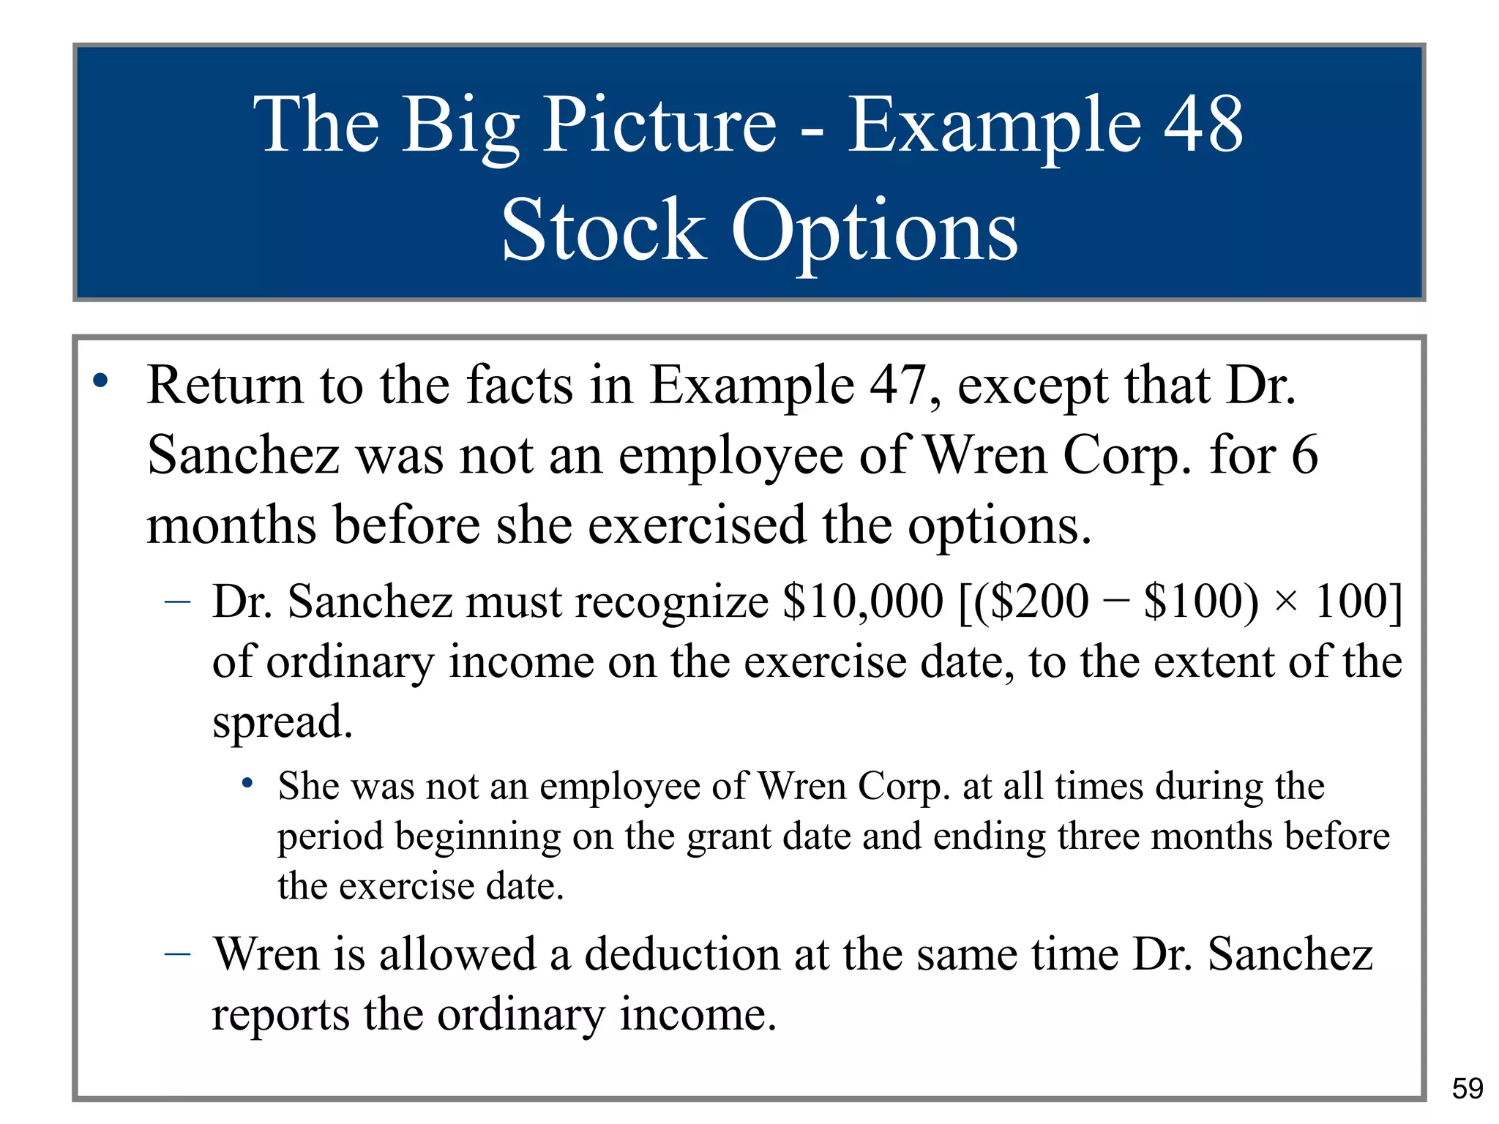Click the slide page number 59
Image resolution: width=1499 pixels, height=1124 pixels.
click(x=1467, y=1088)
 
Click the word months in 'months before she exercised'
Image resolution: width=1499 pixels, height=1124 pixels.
click(x=231, y=525)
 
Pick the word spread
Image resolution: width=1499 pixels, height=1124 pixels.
click(x=283, y=722)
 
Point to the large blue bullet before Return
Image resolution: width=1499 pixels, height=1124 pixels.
click(x=100, y=381)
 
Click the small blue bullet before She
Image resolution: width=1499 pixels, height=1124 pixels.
click(x=248, y=783)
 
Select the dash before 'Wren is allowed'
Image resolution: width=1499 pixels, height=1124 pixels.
click(x=178, y=953)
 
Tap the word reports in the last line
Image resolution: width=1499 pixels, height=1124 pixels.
click(x=280, y=1015)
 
